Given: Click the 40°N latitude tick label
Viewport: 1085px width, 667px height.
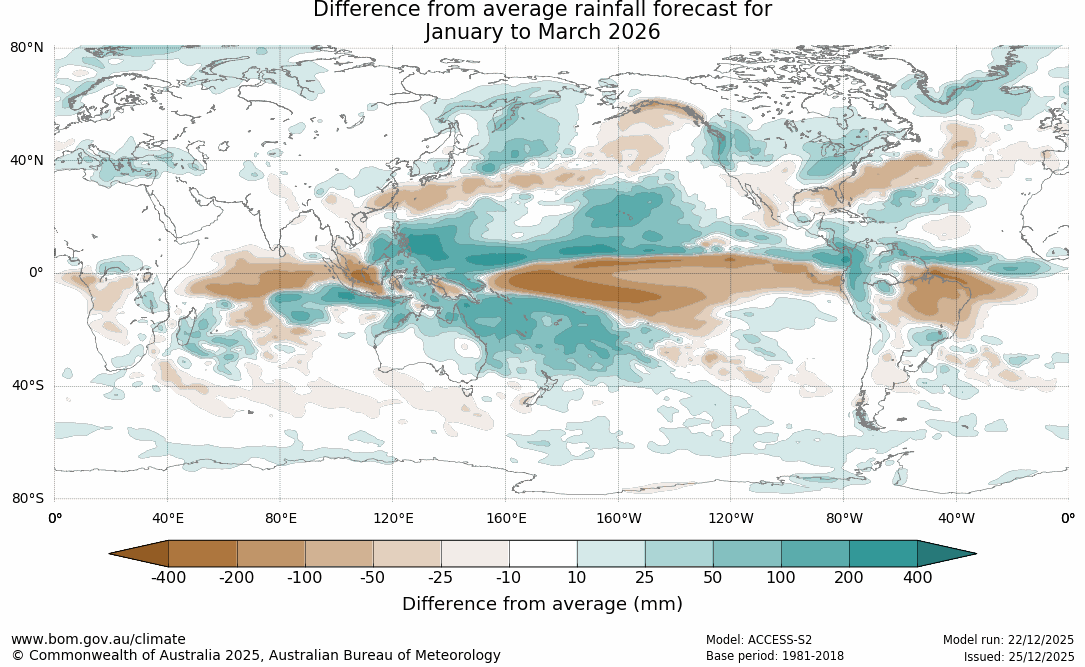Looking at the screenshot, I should tap(28, 160).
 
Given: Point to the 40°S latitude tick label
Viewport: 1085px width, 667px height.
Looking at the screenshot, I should tap(28, 385).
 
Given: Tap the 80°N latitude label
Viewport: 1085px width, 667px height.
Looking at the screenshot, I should tap(28, 48).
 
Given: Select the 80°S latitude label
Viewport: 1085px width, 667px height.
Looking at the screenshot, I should tap(28, 498).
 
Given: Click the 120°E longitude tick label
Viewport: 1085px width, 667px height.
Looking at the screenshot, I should tap(393, 518).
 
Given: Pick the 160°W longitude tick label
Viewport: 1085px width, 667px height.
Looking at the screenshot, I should tap(619, 518).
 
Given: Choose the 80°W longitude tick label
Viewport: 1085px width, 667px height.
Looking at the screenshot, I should tap(844, 518).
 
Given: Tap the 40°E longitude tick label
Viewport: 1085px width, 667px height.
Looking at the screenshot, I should tap(167, 518).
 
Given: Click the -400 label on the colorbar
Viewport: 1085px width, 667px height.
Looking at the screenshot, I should tap(168, 578).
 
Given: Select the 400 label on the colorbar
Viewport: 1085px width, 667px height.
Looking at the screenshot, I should tap(917, 578).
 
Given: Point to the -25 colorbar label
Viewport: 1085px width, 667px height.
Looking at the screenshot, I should tap(441, 578).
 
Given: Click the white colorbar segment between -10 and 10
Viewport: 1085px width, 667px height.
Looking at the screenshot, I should tap(543, 553).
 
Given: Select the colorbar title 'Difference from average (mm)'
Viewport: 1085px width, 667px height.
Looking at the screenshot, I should tap(542, 604).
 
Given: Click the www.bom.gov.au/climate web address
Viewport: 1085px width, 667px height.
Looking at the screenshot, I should tap(98, 639).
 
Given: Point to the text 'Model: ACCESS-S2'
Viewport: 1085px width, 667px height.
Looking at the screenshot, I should tap(759, 639).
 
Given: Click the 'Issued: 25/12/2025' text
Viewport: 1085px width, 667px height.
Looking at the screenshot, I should tap(1018, 656).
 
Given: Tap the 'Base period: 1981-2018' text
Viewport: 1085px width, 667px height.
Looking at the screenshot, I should tap(775, 656).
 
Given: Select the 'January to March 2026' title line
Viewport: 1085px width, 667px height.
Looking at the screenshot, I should tap(542, 32).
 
